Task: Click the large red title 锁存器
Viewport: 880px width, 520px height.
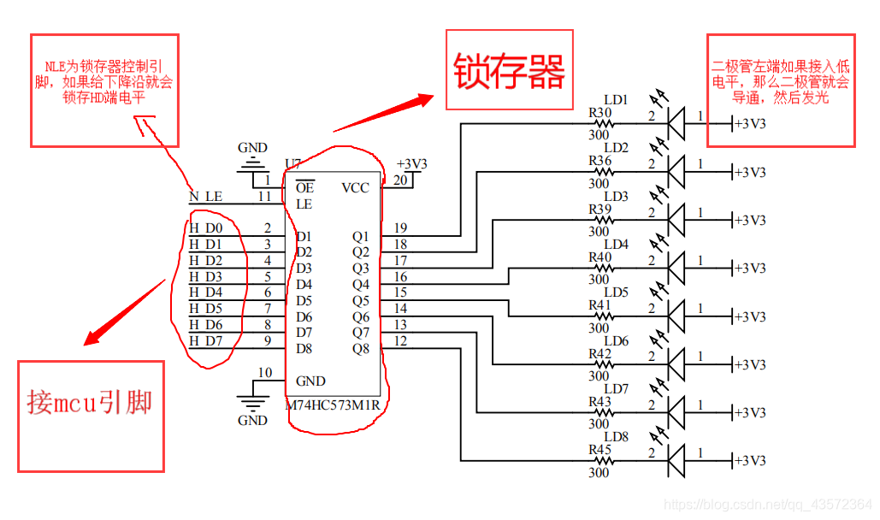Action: pyautogui.click(x=509, y=72)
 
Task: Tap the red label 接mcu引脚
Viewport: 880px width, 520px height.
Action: pyautogui.click(x=89, y=401)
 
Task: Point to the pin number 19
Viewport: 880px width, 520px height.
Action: pyautogui.click(x=400, y=228)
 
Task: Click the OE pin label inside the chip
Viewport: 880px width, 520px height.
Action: pyautogui.click(x=304, y=187)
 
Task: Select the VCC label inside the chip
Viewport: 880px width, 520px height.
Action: pyautogui.click(x=356, y=187)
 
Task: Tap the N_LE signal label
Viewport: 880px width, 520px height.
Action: pyautogui.click(x=205, y=197)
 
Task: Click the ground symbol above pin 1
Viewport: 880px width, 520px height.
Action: pyautogui.click(x=252, y=164)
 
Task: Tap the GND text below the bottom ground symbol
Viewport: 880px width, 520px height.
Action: pyautogui.click(x=252, y=420)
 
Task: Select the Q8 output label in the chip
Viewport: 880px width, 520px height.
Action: pyautogui.click(x=360, y=348)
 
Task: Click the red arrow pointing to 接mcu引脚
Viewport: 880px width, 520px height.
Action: pyautogui.click(x=124, y=312)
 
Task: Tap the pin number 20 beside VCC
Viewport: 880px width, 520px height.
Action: pyautogui.click(x=400, y=180)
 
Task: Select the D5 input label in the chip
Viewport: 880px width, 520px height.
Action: pyautogui.click(x=304, y=300)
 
